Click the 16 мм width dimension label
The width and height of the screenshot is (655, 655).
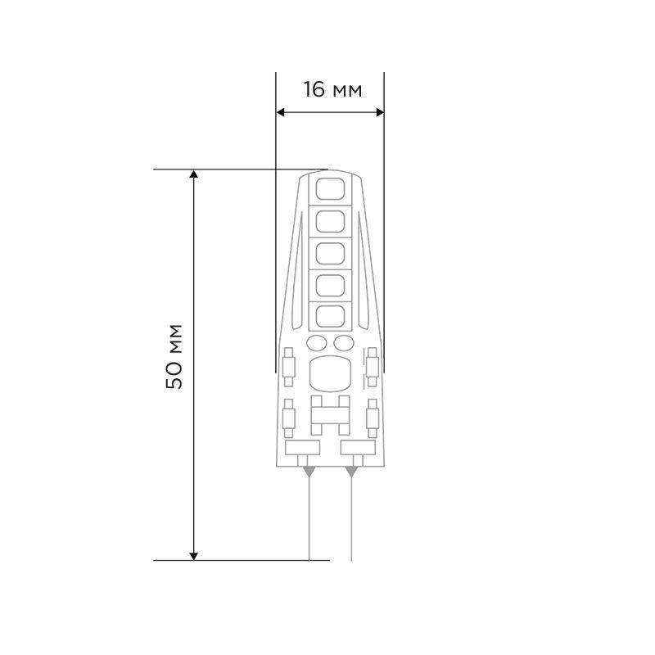(332, 89)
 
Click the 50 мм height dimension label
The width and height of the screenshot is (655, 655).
(174, 357)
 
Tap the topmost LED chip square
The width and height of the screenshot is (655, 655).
(330, 189)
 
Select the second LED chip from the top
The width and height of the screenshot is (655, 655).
(330, 221)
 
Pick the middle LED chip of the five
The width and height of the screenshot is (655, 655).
(330, 254)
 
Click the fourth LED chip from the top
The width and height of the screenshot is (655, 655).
(330, 286)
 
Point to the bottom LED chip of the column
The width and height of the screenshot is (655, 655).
(330, 317)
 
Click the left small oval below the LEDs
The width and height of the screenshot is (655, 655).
(316, 343)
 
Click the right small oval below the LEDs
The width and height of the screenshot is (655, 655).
(344, 343)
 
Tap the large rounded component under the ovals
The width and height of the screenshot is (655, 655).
(330, 374)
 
